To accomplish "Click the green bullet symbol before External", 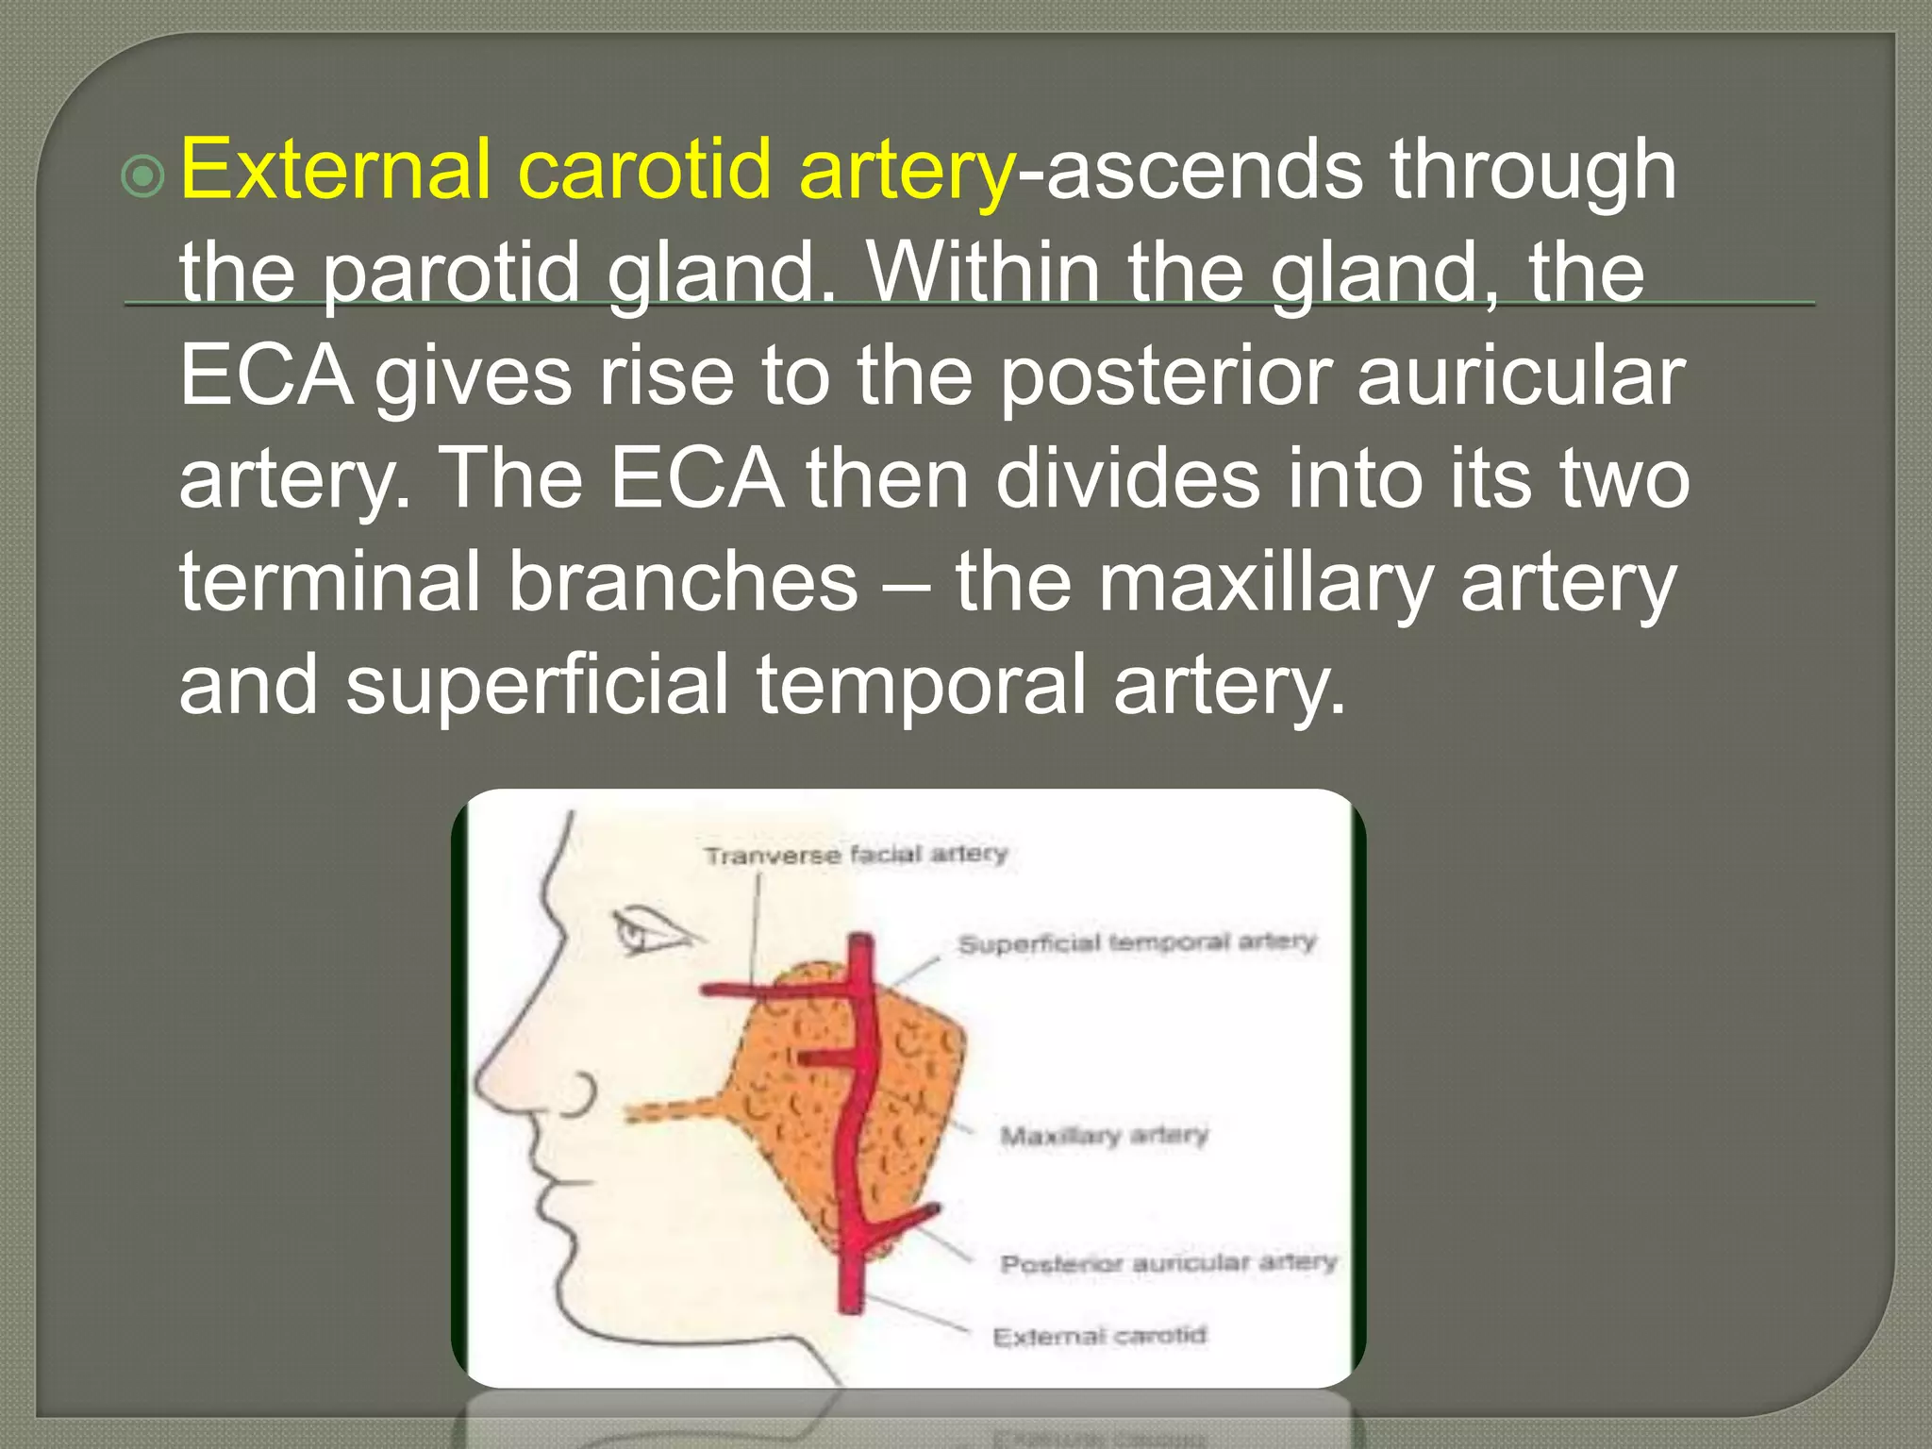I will pyautogui.click(x=143, y=175).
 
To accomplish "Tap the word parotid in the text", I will pyautogui.click(x=450, y=274).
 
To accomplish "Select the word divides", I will pyautogui.click(x=1127, y=478).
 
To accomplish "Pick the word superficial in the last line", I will pyautogui.click(x=537, y=685).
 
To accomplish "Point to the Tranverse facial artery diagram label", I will pyautogui.click(x=856, y=855).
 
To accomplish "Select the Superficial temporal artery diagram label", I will pyautogui.click(x=1136, y=942).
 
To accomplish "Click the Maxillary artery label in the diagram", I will pyautogui.click(x=1104, y=1135).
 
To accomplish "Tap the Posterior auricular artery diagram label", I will pyautogui.click(x=1168, y=1263).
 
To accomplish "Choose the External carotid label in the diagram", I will pyautogui.click(x=1099, y=1336).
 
